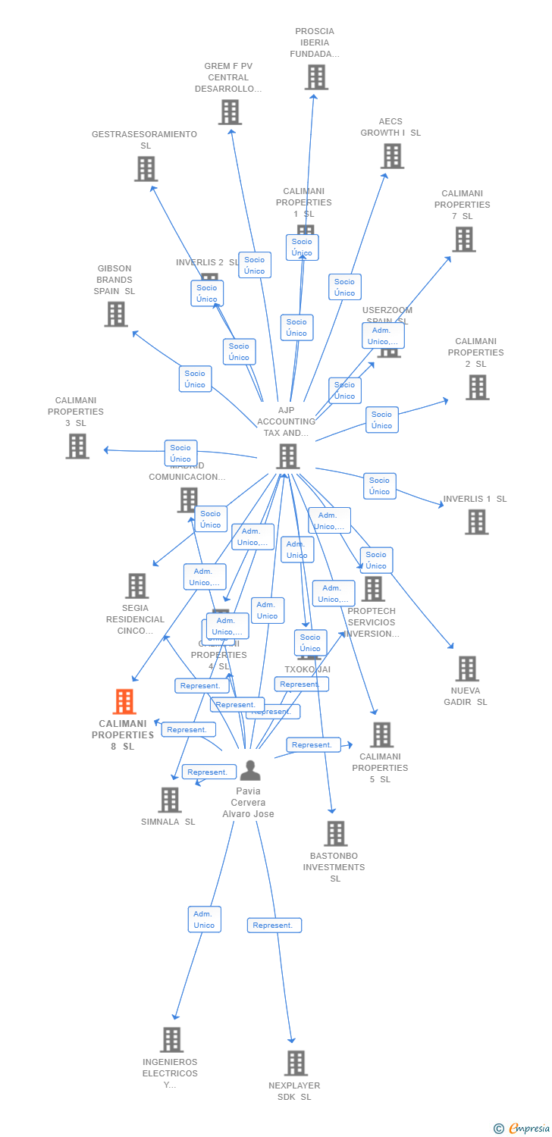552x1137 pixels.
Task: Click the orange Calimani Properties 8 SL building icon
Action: tap(124, 702)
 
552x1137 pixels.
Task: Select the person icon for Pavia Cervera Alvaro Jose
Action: tap(249, 771)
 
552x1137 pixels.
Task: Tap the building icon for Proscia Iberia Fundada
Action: tap(316, 77)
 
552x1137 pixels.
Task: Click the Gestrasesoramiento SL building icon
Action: tap(146, 169)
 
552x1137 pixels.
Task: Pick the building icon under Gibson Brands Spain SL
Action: tap(116, 314)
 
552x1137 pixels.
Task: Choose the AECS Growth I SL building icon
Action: tap(392, 156)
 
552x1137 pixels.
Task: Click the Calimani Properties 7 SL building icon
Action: tap(463, 240)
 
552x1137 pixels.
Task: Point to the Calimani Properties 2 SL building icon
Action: tap(477, 387)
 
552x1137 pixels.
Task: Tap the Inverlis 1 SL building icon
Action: tap(476, 522)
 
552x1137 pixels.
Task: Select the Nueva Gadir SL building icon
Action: tap(467, 669)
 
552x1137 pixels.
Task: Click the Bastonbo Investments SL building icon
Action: tap(335, 834)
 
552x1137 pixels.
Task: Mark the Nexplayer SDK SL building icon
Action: tap(296, 1063)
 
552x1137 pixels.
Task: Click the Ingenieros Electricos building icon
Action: tap(171, 1040)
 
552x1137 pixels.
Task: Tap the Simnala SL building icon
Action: tap(169, 800)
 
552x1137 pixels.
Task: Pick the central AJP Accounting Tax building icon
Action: tap(287, 456)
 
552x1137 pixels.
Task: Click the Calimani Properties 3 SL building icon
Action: tap(77, 446)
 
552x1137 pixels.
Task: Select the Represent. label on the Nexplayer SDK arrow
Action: tap(274, 926)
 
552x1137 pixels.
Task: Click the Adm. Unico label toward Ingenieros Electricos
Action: tap(204, 919)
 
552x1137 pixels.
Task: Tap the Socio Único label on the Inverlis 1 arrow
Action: tap(379, 486)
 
